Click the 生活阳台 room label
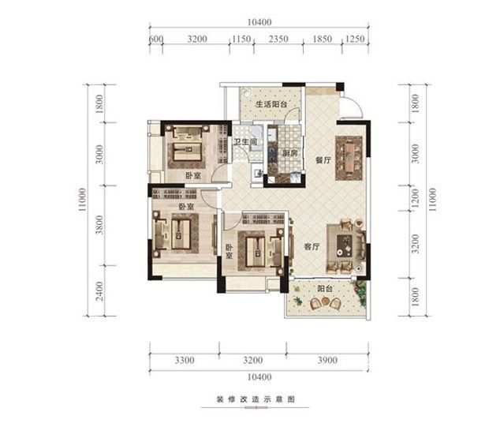[x=271, y=104]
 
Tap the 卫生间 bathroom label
[x=245, y=142]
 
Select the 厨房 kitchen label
[x=290, y=153]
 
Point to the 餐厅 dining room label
[x=323, y=160]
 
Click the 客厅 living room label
[x=312, y=247]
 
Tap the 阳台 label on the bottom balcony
[x=325, y=289]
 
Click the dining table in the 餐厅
[x=349, y=158]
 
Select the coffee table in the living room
[x=345, y=245]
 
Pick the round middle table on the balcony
[x=325, y=301]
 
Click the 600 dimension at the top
[x=156, y=39]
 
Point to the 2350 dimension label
[x=278, y=39]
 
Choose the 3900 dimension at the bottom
[x=327, y=360]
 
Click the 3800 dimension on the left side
[x=100, y=225]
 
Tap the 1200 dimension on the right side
[x=415, y=198]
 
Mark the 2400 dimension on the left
[x=100, y=291]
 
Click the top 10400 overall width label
[x=259, y=22]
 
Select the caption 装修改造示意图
[x=256, y=399]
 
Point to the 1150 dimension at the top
[x=241, y=39]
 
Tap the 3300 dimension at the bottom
[x=185, y=360]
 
